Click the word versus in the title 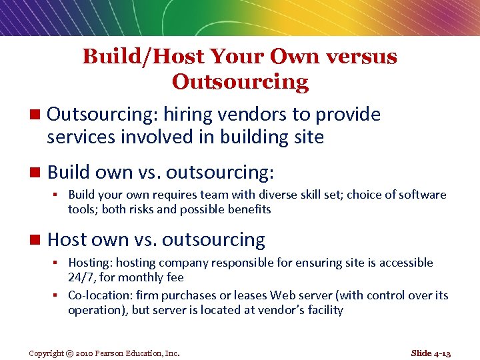361,57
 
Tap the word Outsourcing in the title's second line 240,82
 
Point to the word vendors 251,115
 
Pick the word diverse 301,195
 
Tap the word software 421,195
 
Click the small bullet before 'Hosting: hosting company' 59,263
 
